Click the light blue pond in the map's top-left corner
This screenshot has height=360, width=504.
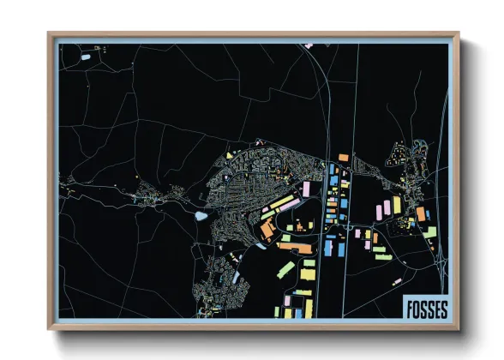[86, 57]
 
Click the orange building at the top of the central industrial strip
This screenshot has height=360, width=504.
[343, 158]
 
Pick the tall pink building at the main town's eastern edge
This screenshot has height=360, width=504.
[306, 188]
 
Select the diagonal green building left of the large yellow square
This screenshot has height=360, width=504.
[285, 271]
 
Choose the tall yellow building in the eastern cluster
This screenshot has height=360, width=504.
[396, 206]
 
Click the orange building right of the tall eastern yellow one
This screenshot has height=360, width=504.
[420, 213]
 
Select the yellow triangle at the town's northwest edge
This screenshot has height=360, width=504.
[230, 155]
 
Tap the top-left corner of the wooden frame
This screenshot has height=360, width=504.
[50, 35]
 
